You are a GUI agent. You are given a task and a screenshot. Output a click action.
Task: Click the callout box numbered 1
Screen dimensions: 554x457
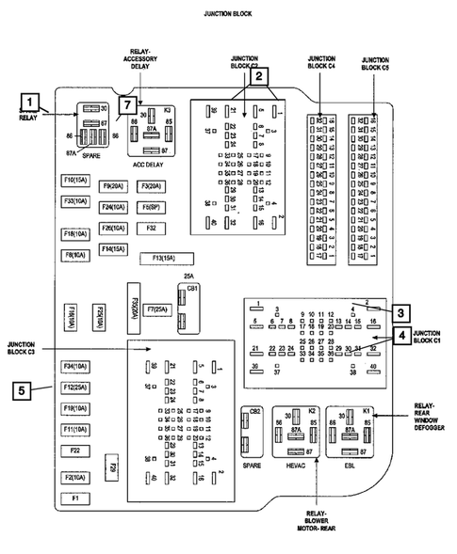31,102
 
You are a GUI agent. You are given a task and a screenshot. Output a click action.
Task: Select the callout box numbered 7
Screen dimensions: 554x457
125,104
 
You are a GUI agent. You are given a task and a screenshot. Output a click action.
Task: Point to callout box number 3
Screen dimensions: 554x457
400,313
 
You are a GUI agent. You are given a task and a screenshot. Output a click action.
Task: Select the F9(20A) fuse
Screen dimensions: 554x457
115,186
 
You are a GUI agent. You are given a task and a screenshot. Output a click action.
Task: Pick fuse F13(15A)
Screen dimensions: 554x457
167,258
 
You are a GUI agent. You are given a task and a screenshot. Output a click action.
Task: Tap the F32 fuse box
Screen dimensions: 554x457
150,229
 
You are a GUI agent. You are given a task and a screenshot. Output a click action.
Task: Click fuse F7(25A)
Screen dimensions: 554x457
155,309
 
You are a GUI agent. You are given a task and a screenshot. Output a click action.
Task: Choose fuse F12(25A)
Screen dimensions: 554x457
75,387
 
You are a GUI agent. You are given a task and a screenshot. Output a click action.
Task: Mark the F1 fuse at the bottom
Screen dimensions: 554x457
75,497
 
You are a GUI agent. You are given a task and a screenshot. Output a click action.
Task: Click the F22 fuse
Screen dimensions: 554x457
75,451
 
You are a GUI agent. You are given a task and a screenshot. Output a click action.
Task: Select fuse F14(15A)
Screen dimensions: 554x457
115,249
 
